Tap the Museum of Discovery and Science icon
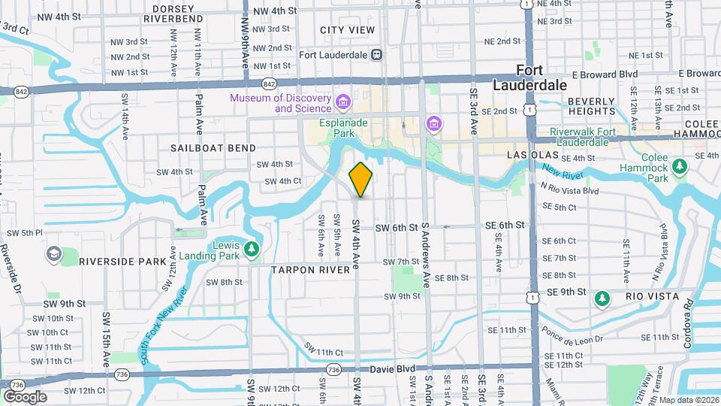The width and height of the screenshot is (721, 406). (x=343, y=101)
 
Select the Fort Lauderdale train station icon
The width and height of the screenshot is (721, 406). (x=376, y=54)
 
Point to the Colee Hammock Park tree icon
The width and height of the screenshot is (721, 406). (x=680, y=165)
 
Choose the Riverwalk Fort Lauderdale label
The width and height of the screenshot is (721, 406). (x=593, y=136)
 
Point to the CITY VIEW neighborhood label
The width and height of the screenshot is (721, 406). (x=347, y=30)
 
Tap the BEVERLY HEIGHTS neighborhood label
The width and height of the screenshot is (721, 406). (x=592, y=106)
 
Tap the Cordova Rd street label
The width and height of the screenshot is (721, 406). (x=686, y=323)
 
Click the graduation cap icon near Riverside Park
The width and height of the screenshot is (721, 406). (x=53, y=254)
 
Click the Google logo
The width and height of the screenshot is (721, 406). (x=25, y=396)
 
